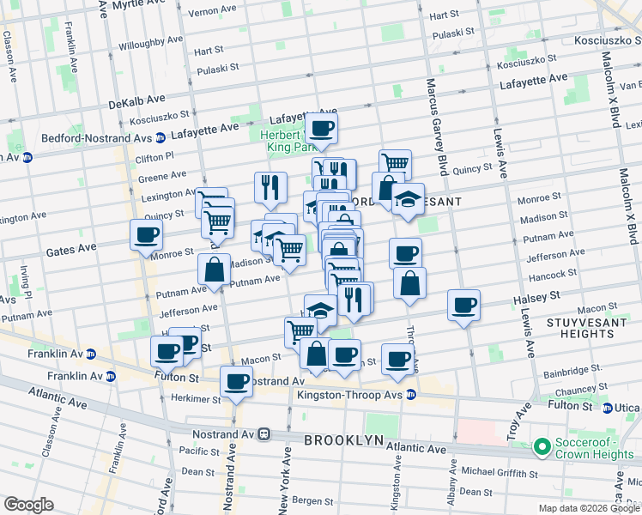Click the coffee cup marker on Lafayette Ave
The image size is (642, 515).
[x=322, y=130]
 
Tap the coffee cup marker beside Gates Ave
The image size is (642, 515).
[x=145, y=234]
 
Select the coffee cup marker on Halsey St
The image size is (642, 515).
[x=463, y=306]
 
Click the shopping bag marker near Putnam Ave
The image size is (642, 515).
[x=214, y=270]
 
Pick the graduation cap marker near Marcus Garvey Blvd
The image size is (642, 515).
[x=409, y=199]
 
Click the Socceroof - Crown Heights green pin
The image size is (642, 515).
[x=542, y=446]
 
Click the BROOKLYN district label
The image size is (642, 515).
[x=343, y=439]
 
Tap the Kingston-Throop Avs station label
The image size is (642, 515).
[x=350, y=395]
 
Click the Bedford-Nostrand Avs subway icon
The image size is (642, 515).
[x=160, y=137]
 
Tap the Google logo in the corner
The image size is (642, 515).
[x=28, y=505]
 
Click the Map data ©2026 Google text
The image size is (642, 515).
[x=588, y=508]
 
